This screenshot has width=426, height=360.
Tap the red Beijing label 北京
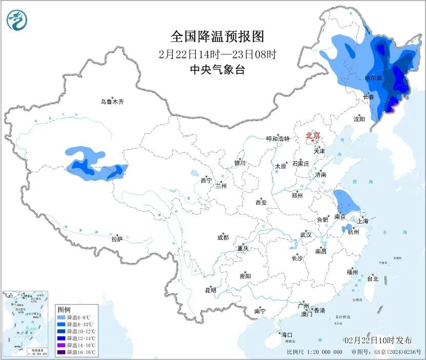(313, 135)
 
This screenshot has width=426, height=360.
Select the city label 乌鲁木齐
(112, 102)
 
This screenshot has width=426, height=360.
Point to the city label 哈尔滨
(373, 78)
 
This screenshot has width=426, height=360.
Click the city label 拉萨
(117, 238)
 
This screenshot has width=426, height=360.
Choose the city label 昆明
(211, 290)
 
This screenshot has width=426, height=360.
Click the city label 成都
(223, 237)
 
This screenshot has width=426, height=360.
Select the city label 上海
(363, 221)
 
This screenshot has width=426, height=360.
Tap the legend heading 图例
(64, 310)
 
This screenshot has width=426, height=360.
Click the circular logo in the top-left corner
(16, 20)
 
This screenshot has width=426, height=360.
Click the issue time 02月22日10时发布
(378, 341)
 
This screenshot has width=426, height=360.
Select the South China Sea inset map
(26, 323)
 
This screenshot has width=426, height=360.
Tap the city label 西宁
(206, 181)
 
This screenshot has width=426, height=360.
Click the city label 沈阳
(359, 119)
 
